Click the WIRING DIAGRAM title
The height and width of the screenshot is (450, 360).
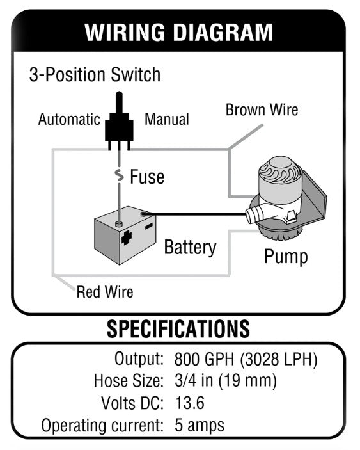tap(178, 32)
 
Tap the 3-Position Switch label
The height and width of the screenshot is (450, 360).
tap(95, 75)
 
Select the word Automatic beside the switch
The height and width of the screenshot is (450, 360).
tap(69, 119)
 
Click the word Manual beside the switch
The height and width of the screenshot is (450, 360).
tap(167, 119)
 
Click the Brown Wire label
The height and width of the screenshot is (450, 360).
tap(262, 109)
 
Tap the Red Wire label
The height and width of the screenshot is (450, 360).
tap(105, 292)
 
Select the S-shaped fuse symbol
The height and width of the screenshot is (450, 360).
tap(119, 175)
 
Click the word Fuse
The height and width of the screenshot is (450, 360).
tap(147, 177)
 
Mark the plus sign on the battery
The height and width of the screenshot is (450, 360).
tap(127, 237)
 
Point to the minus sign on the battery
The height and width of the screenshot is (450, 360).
tap(149, 227)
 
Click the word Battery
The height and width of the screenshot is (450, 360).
tap(191, 247)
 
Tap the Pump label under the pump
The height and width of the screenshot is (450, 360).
tap(286, 256)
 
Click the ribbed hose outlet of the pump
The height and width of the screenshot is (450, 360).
tap(254, 215)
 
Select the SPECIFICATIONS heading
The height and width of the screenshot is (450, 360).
tap(178, 329)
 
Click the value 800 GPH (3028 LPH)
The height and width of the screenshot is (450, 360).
tap(246, 358)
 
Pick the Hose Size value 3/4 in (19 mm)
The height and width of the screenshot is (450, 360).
tap(226, 381)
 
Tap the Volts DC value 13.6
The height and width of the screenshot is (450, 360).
tap(189, 403)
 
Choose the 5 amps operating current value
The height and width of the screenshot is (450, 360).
tap(200, 425)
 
